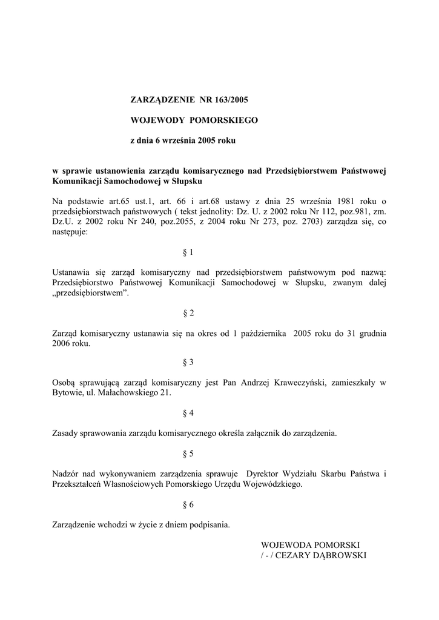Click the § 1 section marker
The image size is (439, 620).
click(188, 252)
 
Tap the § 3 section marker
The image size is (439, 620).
click(188, 362)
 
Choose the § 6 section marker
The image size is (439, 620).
click(188, 504)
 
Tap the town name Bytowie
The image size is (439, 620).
click(68, 393)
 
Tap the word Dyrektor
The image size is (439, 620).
click(265, 473)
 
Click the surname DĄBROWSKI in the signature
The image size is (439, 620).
click(345, 555)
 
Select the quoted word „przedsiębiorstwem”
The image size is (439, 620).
click(91, 292)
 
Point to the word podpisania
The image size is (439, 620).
click(206, 524)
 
